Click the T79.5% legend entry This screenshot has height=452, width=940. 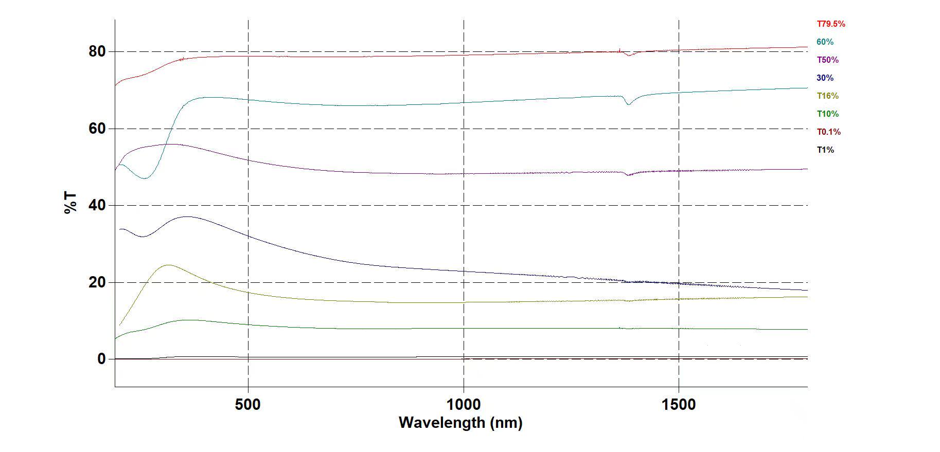pyautogui.click(x=830, y=24)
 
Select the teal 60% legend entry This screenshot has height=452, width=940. pyautogui.click(x=825, y=42)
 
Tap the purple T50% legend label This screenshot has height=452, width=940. pyautogui.click(x=827, y=60)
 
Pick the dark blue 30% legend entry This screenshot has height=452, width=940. pyautogui.click(x=825, y=78)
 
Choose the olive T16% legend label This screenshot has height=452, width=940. pyautogui.click(x=827, y=96)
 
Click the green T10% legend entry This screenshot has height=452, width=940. pyautogui.click(x=827, y=114)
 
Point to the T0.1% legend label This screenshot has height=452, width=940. pyautogui.click(x=828, y=132)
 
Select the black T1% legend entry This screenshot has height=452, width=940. pyautogui.click(x=825, y=150)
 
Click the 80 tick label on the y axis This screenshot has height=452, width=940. pyautogui.click(x=97, y=51)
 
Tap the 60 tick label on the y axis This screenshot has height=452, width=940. pyautogui.click(x=97, y=129)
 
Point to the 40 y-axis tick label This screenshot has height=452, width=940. pyautogui.click(x=97, y=205)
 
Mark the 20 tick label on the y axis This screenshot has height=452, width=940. pyautogui.click(x=97, y=282)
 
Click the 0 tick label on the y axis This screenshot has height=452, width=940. pyautogui.click(x=101, y=359)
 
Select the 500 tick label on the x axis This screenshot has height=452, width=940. pyautogui.click(x=248, y=405)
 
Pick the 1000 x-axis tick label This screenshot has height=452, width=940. pyautogui.click(x=464, y=405)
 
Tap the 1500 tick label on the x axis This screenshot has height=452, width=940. pyautogui.click(x=679, y=405)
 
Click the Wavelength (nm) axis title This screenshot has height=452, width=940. pyautogui.click(x=460, y=423)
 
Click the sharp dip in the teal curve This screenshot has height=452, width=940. pyautogui.click(x=628, y=104)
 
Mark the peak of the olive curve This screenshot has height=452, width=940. pyautogui.click(x=168, y=265)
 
